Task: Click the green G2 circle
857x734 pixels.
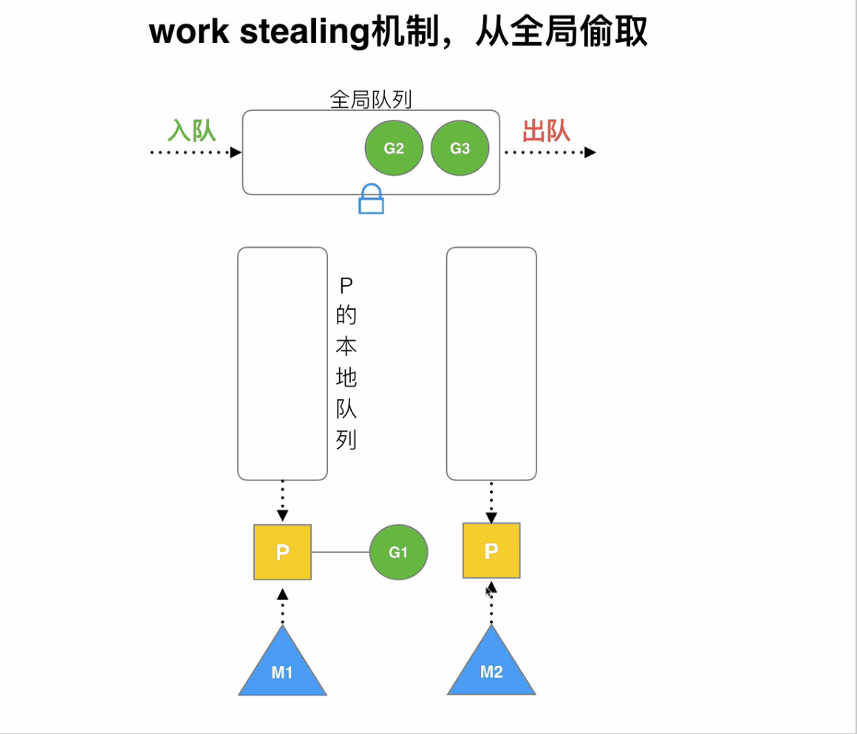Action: click(x=394, y=148)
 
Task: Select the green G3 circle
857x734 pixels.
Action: click(x=460, y=148)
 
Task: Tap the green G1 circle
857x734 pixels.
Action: click(x=398, y=552)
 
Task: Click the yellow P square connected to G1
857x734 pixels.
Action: click(x=282, y=552)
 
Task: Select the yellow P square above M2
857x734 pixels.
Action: click(x=491, y=551)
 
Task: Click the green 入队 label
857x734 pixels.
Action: click(x=191, y=131)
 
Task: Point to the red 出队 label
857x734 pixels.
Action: click(x=546, y=131)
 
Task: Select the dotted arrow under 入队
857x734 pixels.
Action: click(x=196, y=152)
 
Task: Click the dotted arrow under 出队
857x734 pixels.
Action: click(x=550, y=152)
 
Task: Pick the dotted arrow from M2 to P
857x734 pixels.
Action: click(x=491, y=605)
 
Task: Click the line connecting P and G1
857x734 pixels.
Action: click(x=341, y=552)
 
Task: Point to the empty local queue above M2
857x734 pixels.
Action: click(x=491, y=363)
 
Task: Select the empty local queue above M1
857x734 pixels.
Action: click(x=282, y=363)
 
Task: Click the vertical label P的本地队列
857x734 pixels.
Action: click(x=346, y=363)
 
